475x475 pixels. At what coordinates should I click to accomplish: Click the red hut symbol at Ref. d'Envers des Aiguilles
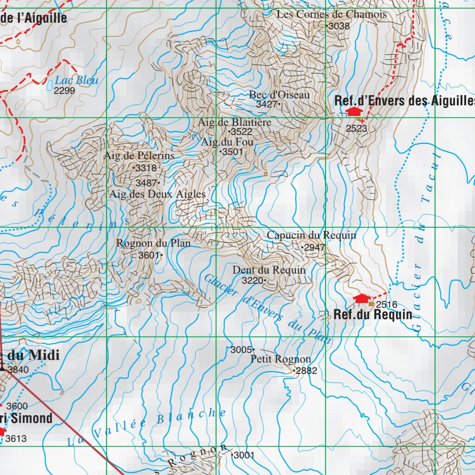click(354, 111)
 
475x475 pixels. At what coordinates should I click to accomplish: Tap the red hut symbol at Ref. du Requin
click(361, 299)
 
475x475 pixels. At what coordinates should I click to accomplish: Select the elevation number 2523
click(356, 128)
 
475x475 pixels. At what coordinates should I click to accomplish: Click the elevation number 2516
click(386, 305)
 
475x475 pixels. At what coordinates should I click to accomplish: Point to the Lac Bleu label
click(77, 80)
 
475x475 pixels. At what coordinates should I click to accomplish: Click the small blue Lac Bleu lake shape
click(50, 85)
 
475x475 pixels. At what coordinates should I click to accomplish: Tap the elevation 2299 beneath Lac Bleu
click(64, 91)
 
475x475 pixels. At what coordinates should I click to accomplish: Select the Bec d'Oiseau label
click(279, 95)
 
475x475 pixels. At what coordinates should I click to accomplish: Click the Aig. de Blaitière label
click(234, 122)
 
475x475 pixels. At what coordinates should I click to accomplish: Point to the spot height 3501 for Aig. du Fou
click(232, 152)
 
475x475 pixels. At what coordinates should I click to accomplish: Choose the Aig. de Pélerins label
click(139, 156)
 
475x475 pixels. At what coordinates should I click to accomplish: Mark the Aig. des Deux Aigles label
click(157, 194)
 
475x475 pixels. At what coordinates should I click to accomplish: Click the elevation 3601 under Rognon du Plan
click(149, 255)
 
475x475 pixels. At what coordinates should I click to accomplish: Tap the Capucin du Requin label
click(311, 235)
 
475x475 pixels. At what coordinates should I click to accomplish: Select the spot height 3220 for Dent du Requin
click(252, 280)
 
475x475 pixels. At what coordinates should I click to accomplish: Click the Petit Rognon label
click(281, 359)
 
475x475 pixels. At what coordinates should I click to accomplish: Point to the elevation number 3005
click(241, 350)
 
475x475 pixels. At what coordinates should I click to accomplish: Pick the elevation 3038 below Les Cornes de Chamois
click(339, 26)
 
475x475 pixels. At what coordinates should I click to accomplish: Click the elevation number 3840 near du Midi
click(18, 370)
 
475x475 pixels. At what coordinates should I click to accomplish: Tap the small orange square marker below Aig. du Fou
click(265, 174)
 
